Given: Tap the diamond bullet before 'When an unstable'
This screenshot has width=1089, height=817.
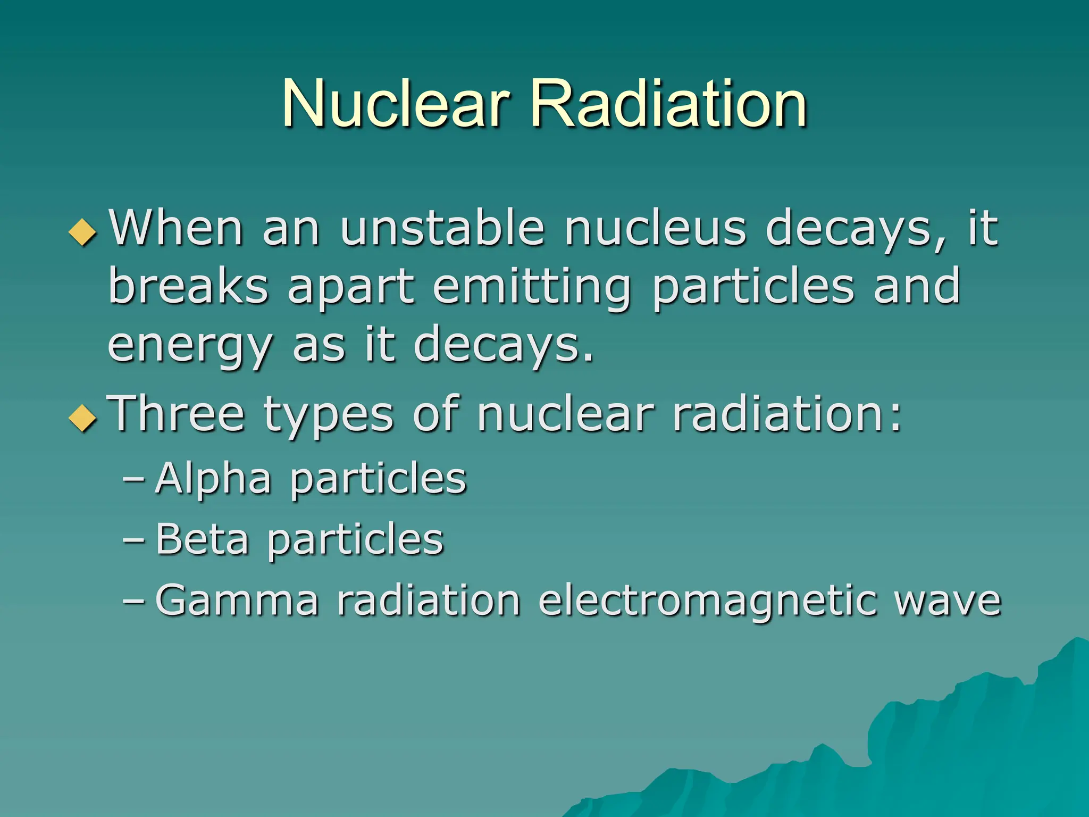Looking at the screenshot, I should pyautogui.click(x=83, y=232).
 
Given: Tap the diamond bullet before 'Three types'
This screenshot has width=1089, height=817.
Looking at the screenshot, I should pyautogui.click(x=83, y=418).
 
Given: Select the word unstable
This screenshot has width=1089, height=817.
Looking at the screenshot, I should pyautogui.click(x=442, y=229).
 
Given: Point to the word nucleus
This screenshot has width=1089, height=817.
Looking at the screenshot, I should pyautogui.click(x=655, y=229).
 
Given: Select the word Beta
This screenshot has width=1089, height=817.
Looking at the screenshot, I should pyautogui.click(x=202, y=540).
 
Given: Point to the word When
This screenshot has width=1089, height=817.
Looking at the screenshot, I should pyautogui.click(x=175, y=229).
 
